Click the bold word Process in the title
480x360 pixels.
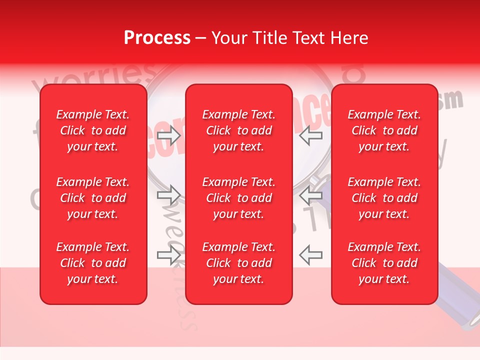tap(157, 38)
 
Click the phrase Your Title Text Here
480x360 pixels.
tap(290, 38)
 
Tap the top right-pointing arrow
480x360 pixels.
tap(168, 135)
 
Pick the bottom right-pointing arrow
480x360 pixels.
tap(168, 255)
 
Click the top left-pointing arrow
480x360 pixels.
tap(311, 135)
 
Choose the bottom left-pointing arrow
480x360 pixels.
tap(311, 255)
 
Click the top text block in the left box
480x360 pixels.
tap(93, 130)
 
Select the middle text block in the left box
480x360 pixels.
tap(93, 198)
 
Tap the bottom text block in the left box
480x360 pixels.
tap(93, 263)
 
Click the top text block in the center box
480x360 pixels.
tap(238, 130)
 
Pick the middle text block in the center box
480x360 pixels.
tap(238, 198)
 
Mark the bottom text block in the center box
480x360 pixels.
tap(238, 263)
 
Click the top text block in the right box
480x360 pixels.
tap(384, 130)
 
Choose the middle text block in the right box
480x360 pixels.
tap(384, 198)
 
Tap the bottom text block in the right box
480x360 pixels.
tap(384, 263)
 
